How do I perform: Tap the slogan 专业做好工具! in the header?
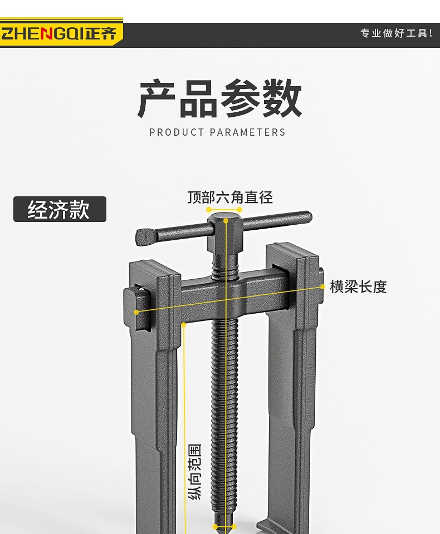coord(396,33)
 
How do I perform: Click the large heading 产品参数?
coord(219,99)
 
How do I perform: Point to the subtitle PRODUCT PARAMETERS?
coord(217,132)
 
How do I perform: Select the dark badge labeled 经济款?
coord(60,209)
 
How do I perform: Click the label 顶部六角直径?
coord(230,197)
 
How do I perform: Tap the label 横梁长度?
coord(358,287)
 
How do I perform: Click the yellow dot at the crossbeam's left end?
coord(136,313)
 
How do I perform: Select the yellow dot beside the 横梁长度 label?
coord(322,286)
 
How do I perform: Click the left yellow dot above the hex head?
coord(209,210)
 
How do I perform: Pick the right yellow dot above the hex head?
coord(239,210)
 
